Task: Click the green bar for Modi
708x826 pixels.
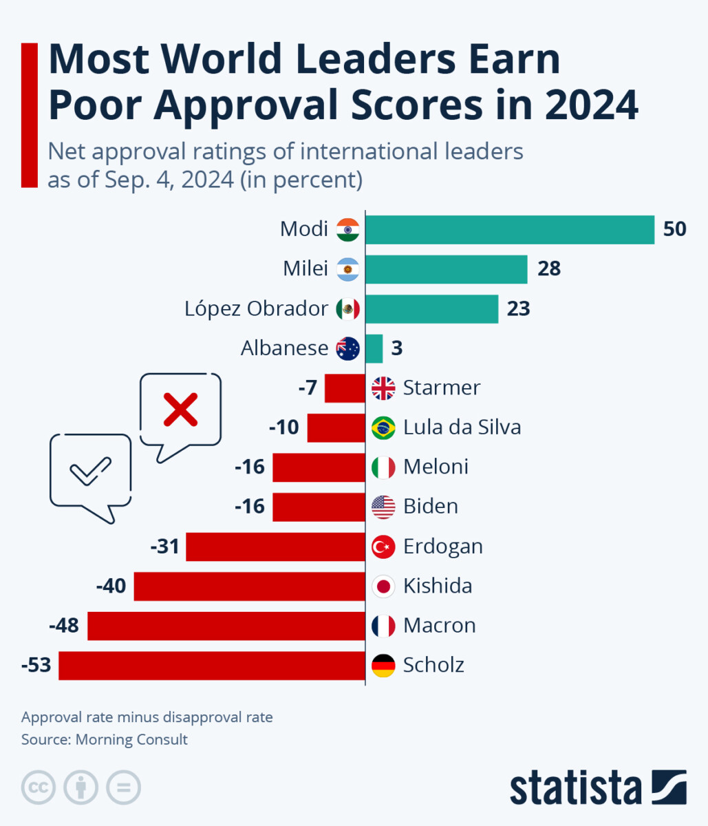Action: pyautogui.click(x=509, y=230)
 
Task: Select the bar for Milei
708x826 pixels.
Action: pyautogui.click(x=446, y=269)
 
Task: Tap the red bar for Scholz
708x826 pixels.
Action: pyautogui.click(x=211, y=666)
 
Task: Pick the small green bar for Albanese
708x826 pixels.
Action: pyautogui.click(x=374, y=348)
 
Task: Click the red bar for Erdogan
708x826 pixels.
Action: pyautogui.click(x=275, y=547)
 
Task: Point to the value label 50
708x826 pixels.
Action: pyautogui.click(x=674, y=229)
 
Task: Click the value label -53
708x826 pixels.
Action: pyautogui.click(x=36, y=666)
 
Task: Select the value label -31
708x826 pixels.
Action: pyautogui.click(x=164, y=547)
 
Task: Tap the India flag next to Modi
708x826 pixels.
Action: pyautogui.click(x=348, y=229)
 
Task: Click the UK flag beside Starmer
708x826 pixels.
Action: pyautogui.click(x=383, y=388)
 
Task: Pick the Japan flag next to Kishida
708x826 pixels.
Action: pyautogui.click(x=383, y=586)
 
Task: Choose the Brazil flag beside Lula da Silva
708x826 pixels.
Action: pyautogui.click(x=383, y=427)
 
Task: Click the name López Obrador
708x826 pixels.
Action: pyautogui.click(x=256, y=308)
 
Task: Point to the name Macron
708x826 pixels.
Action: pyautogui.click(x=439, y=626)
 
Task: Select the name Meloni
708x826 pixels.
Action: pyautogui.click(x=436, y=467)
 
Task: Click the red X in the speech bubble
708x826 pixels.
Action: pyautogui.click(x=180, y=410)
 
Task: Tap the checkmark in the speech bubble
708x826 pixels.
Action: pyautogui.click(x=90, y=471)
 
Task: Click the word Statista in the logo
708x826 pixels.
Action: pyautogui.click(x=575, y=789)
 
